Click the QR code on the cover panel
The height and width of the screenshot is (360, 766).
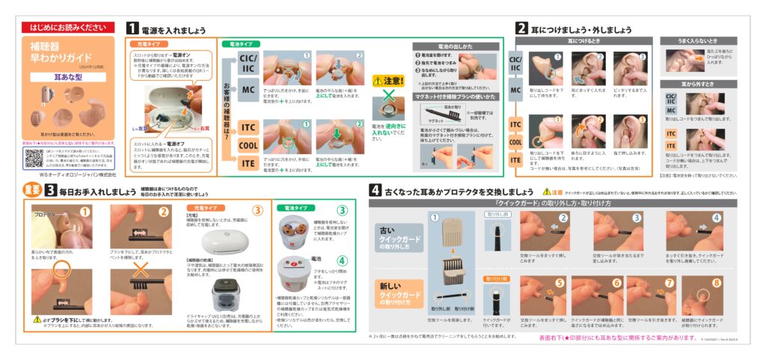click(34, 158)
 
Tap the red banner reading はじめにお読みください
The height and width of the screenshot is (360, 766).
click(67, 28)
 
